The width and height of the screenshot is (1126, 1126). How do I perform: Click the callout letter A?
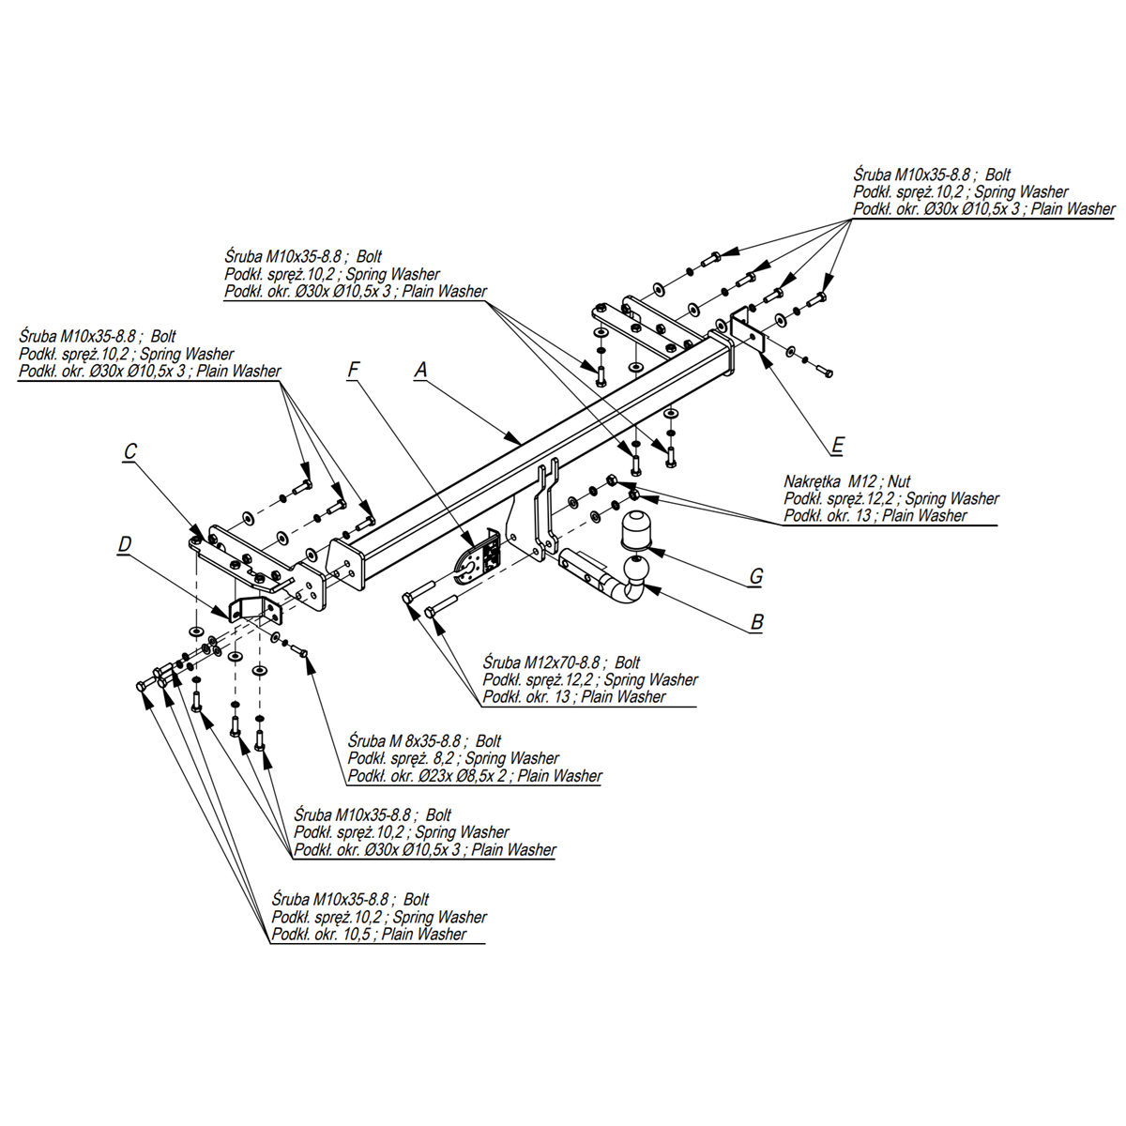coord(421,371)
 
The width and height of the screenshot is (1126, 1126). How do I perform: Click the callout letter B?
coord(757,621)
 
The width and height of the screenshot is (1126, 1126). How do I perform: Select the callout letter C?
coord(130,452)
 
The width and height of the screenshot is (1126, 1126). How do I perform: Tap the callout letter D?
coord(125,544)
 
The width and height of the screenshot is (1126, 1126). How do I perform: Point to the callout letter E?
coord(838,445)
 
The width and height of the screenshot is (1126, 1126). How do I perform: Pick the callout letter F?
coord(354,371)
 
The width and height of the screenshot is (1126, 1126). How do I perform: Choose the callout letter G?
coord(756,576)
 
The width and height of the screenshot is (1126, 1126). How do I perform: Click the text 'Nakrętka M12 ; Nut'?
coord(847,481)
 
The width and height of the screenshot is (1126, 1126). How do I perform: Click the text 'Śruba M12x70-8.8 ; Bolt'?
coord(561,662)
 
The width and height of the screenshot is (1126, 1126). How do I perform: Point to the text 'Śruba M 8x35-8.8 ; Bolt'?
coord(424,741)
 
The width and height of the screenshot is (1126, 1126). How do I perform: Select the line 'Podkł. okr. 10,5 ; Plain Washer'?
coord(369,935)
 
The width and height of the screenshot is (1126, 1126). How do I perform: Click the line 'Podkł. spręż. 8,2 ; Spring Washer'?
coord(453,758)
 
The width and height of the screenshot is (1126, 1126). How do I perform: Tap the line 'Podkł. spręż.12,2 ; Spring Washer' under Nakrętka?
coord(891,498)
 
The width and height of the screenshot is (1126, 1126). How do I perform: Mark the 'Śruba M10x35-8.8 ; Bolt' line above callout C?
coord(98,336)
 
